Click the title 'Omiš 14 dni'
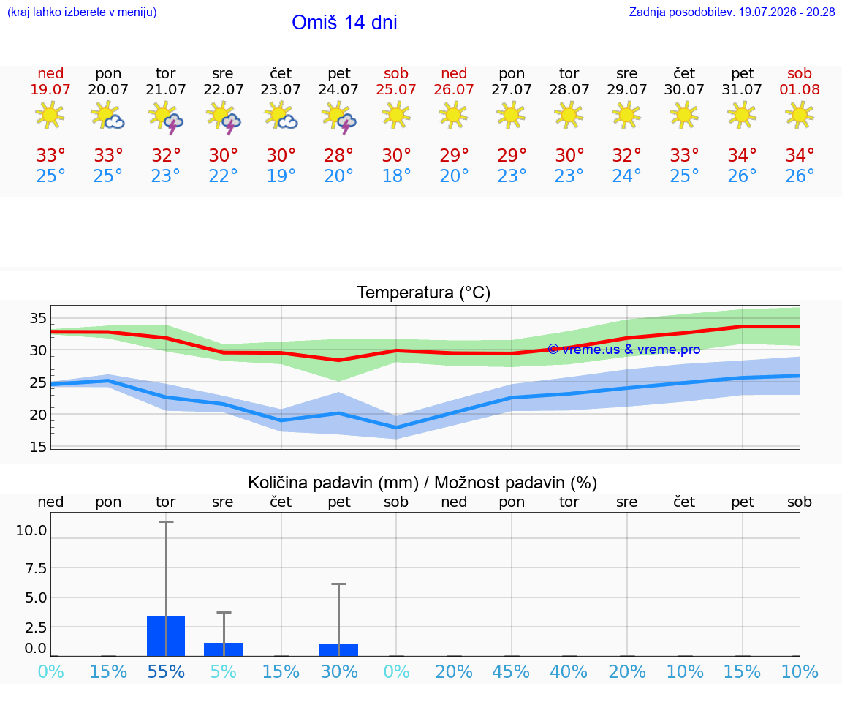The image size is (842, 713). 344,23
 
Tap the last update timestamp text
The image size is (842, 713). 732,12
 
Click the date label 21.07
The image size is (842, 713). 166,89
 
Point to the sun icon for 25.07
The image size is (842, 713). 396,115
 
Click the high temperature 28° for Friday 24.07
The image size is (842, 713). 339,155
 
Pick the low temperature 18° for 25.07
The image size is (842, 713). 396,176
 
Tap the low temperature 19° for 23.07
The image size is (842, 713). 281,176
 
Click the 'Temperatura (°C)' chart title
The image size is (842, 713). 424,293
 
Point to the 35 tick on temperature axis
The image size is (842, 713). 38,318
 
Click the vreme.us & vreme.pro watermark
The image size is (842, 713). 624,350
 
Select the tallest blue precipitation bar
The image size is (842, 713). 166,635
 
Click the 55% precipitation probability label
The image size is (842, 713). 166,671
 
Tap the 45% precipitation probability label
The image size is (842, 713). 511,671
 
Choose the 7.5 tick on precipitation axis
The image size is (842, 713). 36,568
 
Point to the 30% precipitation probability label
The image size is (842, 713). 339,671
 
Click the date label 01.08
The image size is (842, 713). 800,89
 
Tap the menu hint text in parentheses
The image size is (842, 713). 82,12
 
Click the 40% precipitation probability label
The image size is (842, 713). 569,671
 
